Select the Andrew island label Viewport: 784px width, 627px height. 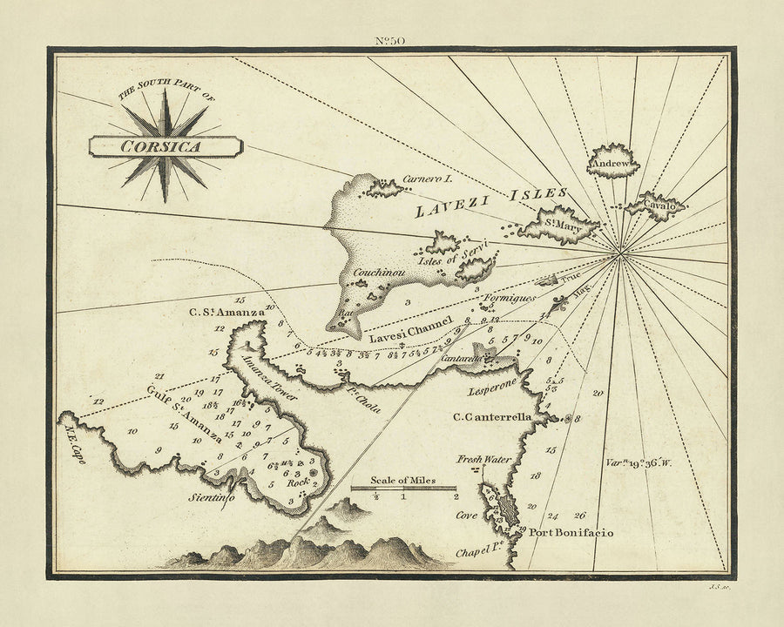pyautogui.click(x=612, y=163)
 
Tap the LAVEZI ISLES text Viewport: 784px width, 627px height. pyautogui.click(x=491, y=200)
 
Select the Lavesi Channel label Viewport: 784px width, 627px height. pyautogui.click(x=410, y=329)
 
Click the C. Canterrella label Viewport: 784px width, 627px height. pyautogui.click(x=491, y=417)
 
